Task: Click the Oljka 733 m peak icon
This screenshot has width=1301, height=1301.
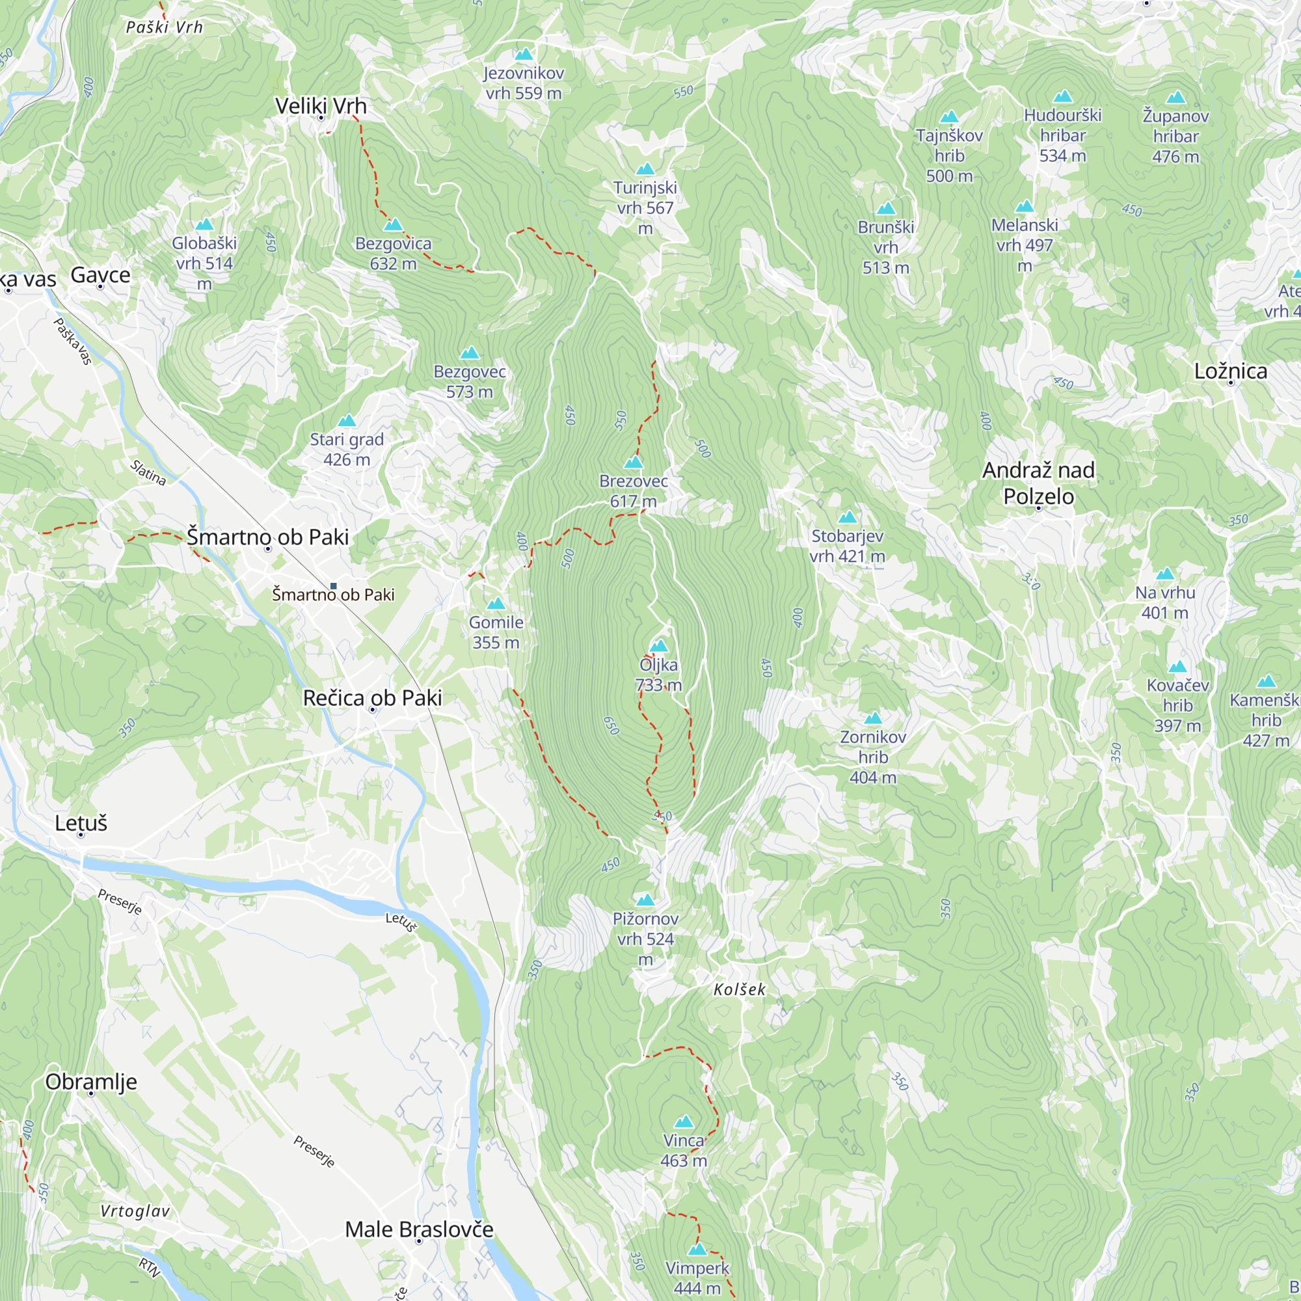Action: [x=658, y=647]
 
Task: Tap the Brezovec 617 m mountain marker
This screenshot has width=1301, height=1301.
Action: [x=634, y=463]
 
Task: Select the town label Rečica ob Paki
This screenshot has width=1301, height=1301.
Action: [x=372, y=697]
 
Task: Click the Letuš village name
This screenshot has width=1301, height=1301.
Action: [x=81, y=823]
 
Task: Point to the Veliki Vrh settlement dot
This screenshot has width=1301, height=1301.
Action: [x=321, y=118]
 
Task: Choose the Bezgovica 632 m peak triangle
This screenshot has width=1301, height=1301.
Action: [x=394, y=225]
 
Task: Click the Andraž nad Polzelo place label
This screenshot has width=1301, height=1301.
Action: [x=1038, y=483]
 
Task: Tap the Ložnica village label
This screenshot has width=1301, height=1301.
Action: [x=1230, y=371]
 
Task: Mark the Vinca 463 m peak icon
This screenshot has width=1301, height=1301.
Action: [x=684, y=1122]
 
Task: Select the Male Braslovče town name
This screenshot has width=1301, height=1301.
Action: [x=419, y=1229]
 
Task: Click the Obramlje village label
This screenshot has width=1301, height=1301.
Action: [x=91, y=1082]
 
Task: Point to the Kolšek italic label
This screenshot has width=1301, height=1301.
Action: [x=740, y=989]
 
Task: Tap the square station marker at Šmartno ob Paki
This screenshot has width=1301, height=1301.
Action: [x=332, y=587]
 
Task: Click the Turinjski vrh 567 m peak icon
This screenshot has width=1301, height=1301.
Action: [x=645, y=169]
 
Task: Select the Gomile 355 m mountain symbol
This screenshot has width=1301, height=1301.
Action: [x=496, y=604]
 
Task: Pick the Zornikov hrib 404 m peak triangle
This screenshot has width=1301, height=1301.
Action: [x=873, y=718]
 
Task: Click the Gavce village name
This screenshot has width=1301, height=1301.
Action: [x=100, y=275]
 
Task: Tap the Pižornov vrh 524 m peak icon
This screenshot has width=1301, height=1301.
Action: [x=645, y=900]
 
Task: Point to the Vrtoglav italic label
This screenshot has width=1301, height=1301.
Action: [x=135, y=1211]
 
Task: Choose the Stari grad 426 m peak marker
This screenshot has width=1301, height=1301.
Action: [x=346, y=421]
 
